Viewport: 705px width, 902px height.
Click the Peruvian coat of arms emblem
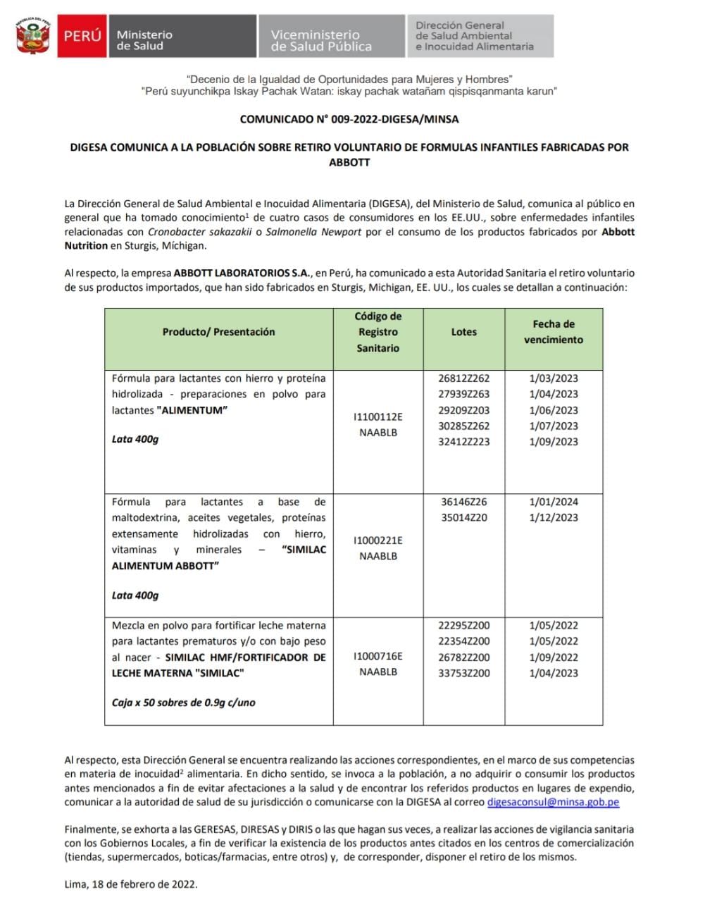(x=33, y=37)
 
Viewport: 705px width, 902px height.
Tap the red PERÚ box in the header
(x=82, y=36)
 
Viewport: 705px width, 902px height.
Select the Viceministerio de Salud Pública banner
(x=331, y=37)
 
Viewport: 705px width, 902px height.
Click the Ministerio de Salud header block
(x=182, y=37)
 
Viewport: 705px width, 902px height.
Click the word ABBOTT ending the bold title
(x=349, y=162)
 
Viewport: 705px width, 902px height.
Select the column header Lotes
(x=464, y=332)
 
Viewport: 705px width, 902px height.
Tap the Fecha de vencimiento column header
(x=554, y=332)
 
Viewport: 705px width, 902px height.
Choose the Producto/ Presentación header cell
(x=218, y=332)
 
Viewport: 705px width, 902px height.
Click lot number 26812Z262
(x=464, y=378)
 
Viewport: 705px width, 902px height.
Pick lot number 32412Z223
(x=464, y=442)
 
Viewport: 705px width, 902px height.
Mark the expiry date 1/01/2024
(x=554, y=502)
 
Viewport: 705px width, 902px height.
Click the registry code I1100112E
(x=378, y=417)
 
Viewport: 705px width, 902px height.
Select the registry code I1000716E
(x=378, y=656)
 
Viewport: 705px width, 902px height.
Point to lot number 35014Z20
(x=464, y=517)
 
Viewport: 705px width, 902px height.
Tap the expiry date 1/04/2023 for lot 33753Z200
(x=554, y=673)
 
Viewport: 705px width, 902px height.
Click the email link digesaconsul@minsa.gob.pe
(x=553, y=802)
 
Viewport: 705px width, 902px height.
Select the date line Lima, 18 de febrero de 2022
(x=131, y=884)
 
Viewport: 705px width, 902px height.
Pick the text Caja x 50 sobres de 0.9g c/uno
(x=183, y=703)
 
